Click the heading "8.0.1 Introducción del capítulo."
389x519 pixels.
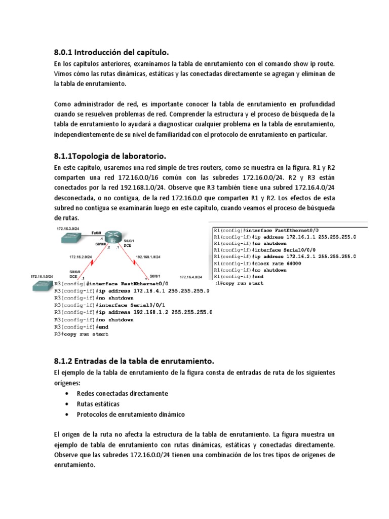coord(111,52)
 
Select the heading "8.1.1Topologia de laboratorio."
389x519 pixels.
coord(110,155)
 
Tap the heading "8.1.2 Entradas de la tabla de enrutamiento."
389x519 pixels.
coord(134,361)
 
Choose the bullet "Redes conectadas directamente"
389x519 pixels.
coord(122,393)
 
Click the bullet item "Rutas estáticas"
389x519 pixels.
coord(98,404)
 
